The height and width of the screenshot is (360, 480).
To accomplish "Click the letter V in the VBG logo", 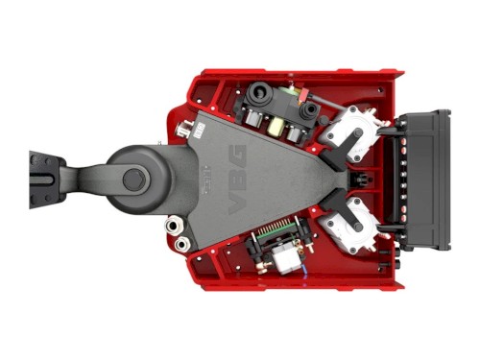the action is [x=237, y=204].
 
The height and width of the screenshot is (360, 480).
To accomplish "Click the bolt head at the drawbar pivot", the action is [x=134, y=180].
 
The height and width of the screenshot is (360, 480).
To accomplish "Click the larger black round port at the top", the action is [x=258, y=92].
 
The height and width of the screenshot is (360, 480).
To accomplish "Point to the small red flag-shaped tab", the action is [x=305, y=93].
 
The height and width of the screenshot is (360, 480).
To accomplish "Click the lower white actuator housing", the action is [x=348, y=226].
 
